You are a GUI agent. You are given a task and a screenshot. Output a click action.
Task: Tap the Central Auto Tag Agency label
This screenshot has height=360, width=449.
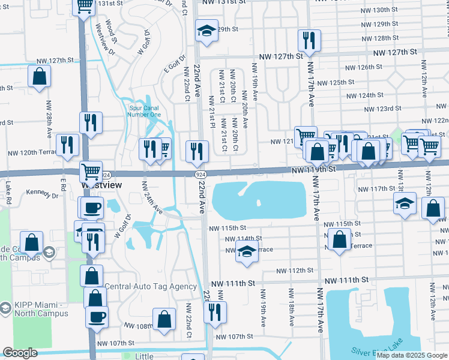pos(151,286)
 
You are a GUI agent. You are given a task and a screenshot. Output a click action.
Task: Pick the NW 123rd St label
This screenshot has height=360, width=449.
pos(384,109)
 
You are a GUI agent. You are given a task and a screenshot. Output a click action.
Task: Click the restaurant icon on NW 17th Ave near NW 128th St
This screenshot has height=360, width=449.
pos(309,40)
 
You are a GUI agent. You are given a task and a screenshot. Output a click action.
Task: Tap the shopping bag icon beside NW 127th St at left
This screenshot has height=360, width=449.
pos(39,77)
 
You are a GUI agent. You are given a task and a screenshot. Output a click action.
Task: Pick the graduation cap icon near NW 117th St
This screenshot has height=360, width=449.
pos(405,203)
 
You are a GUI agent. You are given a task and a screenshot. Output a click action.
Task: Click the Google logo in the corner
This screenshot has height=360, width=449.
pos(20,353)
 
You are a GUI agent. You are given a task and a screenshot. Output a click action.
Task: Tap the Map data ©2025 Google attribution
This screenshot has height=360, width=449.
pos(412,355)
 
